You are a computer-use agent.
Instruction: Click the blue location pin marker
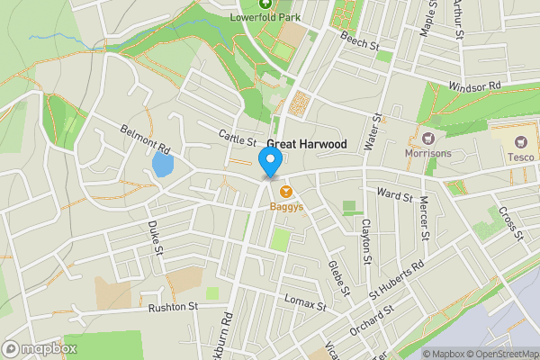270,162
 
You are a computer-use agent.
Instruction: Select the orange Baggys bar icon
286,191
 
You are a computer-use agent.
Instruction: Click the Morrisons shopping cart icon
427,139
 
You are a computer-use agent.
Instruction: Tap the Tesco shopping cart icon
519,141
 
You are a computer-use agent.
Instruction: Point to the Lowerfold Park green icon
265,4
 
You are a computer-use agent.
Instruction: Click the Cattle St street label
238,137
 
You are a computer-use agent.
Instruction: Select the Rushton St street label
173,307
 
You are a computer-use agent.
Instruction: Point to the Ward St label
394,194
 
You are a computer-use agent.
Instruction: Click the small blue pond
162,165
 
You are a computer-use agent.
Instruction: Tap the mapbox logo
40,348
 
